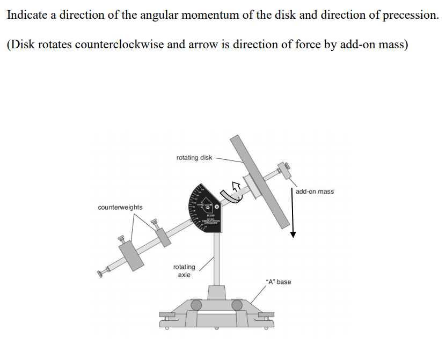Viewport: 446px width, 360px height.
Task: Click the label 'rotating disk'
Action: point(194,158)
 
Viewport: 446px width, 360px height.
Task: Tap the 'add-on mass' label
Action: point(315,192)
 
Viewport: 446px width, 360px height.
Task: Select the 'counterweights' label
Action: point(120,207)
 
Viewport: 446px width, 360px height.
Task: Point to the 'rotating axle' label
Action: point(184,270)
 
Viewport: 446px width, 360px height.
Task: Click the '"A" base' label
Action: point(278,282)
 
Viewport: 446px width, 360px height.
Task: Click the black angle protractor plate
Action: point(204,209)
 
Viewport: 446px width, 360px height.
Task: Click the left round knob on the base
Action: point(197,305)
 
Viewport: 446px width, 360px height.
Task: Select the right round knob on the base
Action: point(237,305)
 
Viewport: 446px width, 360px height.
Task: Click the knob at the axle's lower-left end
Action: point(100,274)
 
